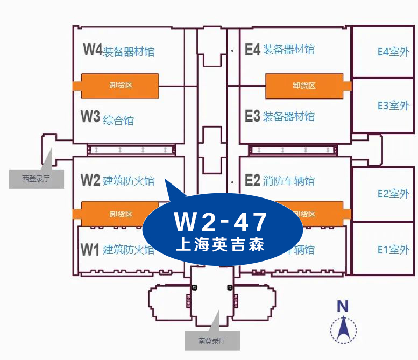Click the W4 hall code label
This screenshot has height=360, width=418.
pos(93,50)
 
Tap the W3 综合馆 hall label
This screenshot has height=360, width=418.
pos(108,118)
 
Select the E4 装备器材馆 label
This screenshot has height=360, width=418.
pos(280,50)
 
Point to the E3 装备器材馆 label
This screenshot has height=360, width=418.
pos(280,116)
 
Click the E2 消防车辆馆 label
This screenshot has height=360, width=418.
pos(280,181)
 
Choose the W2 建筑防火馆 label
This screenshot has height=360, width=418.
pos(118,181)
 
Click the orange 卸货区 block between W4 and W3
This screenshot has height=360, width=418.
pos(119,86)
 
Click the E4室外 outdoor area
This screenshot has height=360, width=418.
pos(393,52)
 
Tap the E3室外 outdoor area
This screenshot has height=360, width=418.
pos(393,105)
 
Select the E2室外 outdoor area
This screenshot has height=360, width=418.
pos(393,194)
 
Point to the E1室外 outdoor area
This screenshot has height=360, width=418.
pos(393,249)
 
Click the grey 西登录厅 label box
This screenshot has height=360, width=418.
pos(36,179)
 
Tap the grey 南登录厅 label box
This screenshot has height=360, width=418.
pos(212,341)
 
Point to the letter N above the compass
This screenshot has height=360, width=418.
pos(342,306)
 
